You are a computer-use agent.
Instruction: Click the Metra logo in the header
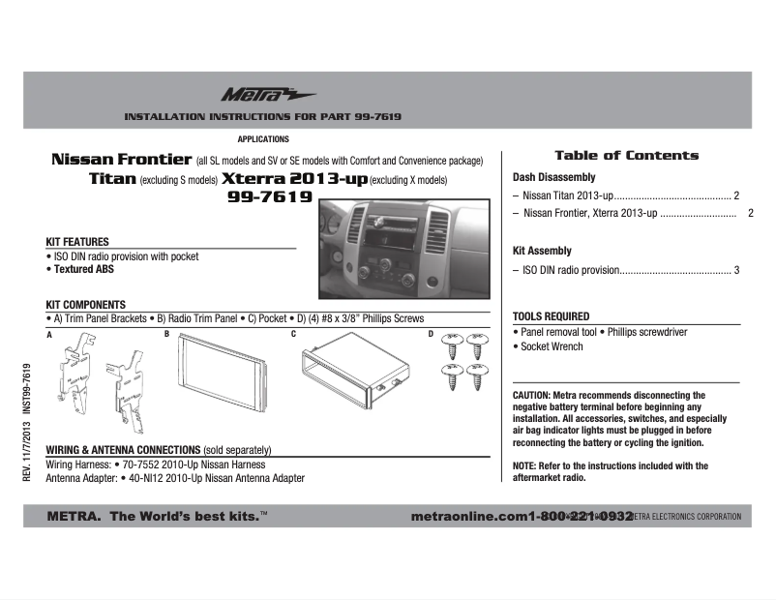254,95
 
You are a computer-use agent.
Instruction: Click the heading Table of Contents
626,155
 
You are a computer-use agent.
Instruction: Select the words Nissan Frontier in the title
120,160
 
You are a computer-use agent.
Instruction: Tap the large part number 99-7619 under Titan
268,198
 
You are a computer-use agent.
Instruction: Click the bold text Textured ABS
88,270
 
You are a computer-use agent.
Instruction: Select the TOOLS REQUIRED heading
551,316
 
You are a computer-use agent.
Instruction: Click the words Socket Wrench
552,346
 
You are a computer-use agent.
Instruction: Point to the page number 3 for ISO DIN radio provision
736,270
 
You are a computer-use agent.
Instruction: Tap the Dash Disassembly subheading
553,177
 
